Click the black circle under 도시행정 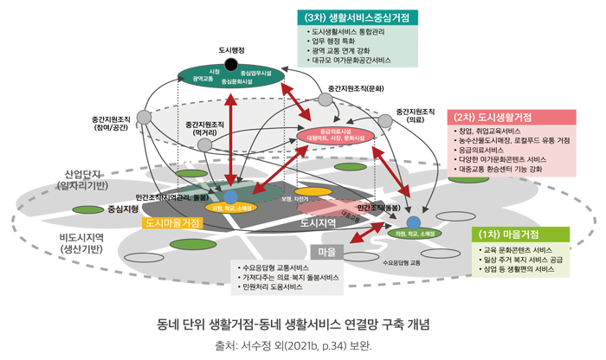[x=231, y=65]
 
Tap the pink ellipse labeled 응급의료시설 [x=335, y=133]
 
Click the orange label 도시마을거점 [x=173, y=223]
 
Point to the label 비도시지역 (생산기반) [x=81, y=241]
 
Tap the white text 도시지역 [x=318, y=223]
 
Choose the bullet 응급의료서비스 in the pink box [x=491, y=150]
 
